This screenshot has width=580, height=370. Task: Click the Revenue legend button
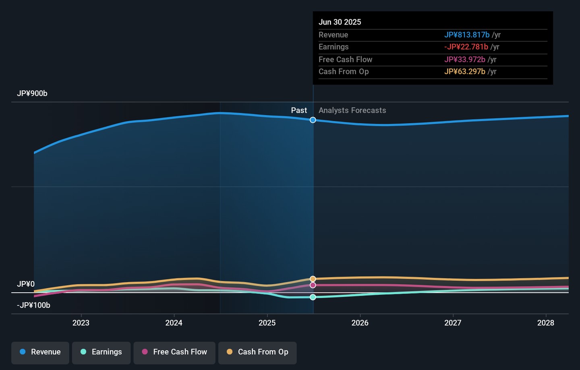tap(40, 352)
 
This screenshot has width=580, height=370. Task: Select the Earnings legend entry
tap(101, 352)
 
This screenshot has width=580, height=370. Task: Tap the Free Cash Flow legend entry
tap(174, 352)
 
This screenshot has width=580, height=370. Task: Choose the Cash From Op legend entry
tap(257, 352)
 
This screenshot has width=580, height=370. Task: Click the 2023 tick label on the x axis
tap(81, 323)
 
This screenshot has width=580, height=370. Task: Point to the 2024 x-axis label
tap(174, 323)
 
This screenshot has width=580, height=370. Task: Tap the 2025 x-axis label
tap(267, 323)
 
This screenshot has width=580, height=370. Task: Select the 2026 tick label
tap(360, 323)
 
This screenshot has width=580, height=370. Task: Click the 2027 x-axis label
tap(453, 323)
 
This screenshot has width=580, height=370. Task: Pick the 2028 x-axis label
tap(546, 323)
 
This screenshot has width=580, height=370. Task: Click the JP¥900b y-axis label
tap(32, 93)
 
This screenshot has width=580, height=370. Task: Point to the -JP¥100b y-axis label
tap(33, 305)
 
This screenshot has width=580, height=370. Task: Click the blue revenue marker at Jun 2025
tap(313, 120)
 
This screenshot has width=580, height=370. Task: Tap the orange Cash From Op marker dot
tap(313, 279)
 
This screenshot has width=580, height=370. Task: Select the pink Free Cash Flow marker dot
tap(313, 285)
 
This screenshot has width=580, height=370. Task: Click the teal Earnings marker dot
tap(313, 297)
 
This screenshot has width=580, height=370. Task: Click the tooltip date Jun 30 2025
tap(340, 22)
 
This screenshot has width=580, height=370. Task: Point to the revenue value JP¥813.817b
tap(467, 35)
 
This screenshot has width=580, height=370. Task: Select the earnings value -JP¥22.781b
tap(466, 47)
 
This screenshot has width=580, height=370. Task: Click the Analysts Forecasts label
tap(352, 110)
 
